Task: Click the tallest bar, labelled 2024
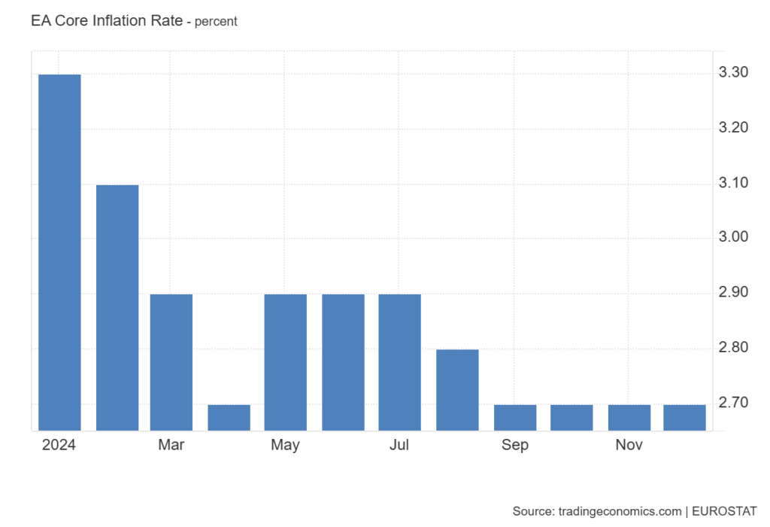[x=59, y=252]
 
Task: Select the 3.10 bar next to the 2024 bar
[x=117, y=307]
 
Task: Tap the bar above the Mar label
[x=171, y=362]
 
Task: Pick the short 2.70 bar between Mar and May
[x=229, y=417]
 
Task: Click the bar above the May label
[x=286, y=362]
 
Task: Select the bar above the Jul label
[x=399, y=362]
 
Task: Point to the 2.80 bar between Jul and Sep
[x=457, y=389]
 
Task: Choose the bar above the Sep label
[x=515, y=417]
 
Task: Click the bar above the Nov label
[x=629, y=417]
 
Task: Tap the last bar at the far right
[x=684, y=417]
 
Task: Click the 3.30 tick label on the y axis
[x=733, y=73]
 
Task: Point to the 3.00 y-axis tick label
[x=733, y=238]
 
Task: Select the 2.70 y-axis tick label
[x=733, y=404]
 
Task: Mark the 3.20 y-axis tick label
[x=733, y=128]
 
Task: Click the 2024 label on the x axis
[x=59, y=445]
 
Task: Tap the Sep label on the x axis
[x=515, y=445]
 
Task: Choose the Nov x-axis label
[x=629, y=445]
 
